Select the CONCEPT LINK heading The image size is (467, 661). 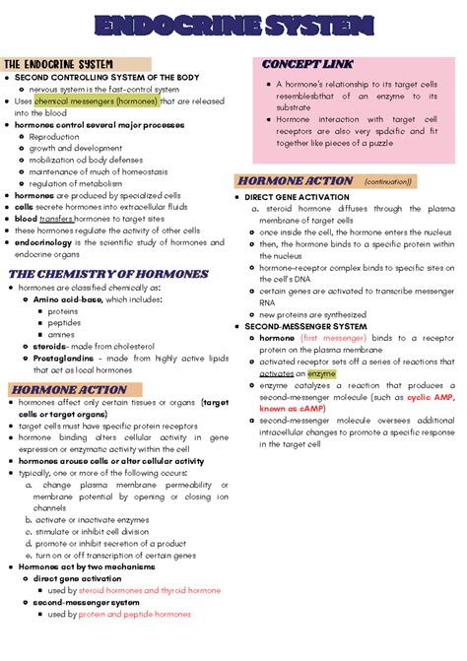[307, 64]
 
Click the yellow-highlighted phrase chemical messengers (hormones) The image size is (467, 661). [94, 100]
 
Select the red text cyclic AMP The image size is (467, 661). [431, 396]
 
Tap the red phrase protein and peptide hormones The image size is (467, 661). [135, 614]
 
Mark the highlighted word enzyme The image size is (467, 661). [321, 373]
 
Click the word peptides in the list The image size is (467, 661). [64, 322]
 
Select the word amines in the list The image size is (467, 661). [61, 334]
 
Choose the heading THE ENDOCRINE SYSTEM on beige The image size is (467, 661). [59, 64]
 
